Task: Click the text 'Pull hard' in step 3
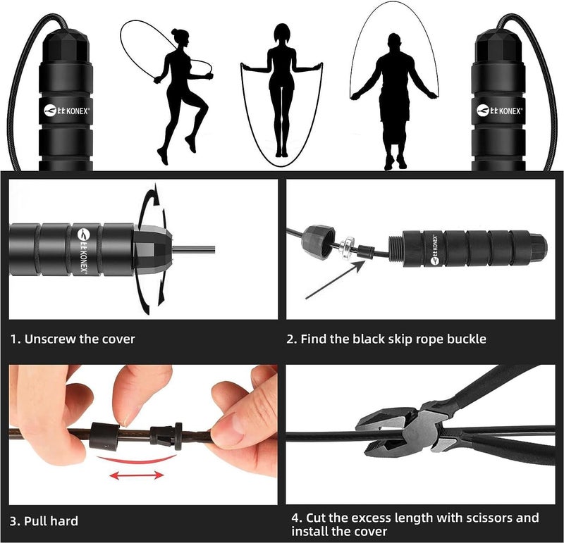[x=50, y=521]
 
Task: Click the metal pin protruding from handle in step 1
[x=194, y=248]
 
